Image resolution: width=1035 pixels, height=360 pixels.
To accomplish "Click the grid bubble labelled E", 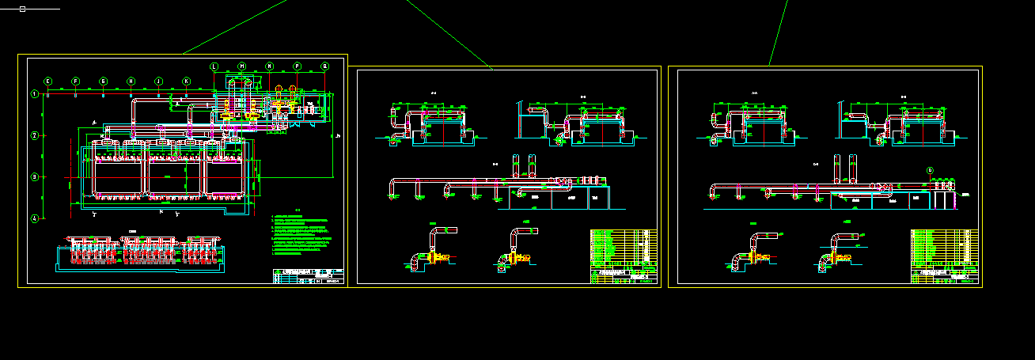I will [47, 81].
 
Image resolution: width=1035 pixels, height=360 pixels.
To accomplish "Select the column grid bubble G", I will [103, 81].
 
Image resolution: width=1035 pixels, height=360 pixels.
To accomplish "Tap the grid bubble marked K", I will [186, 81].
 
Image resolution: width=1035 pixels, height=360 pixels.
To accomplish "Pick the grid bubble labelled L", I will [214, 66].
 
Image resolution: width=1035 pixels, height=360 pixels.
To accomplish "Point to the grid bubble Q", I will [324, 66].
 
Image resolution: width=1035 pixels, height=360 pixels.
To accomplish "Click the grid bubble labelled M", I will [241, 66].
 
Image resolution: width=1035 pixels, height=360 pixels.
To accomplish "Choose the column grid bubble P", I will [297, 66].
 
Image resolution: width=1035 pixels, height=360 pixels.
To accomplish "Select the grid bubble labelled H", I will [131, 81].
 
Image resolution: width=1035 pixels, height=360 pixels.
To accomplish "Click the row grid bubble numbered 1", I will [34, 95].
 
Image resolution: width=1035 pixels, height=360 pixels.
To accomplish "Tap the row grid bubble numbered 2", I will [34, 136].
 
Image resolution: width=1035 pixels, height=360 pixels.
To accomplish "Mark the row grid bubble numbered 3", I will [34, 177].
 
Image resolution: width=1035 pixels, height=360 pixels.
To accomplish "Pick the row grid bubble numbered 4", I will [34, 218].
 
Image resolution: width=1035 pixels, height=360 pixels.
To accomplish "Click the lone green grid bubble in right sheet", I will [930, 170].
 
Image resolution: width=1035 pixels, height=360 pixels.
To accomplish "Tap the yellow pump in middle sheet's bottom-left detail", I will [434, 257].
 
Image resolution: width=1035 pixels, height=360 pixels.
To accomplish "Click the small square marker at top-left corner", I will [22, 9].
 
